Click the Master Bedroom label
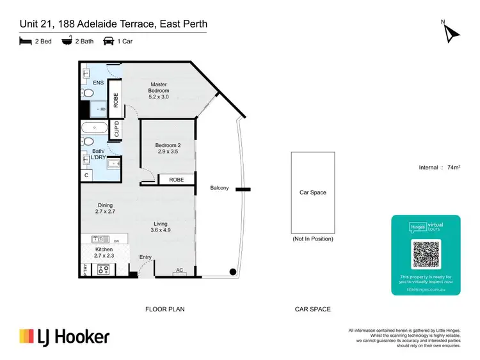(159, 88)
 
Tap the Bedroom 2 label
(168, 149)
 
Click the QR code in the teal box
(426, 254)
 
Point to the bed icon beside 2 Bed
(25, 42)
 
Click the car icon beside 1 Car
(108, 42)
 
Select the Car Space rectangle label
(313, 192)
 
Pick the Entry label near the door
(147, 257)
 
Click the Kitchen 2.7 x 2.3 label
(104, 253)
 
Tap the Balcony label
(220, 188)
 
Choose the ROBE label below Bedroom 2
(176, 180)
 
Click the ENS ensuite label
(99, 83)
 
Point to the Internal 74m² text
(439, 168)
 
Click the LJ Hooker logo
(64, 337)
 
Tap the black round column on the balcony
(234, 272)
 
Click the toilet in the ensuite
(88, 93)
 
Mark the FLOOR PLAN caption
(165, 309)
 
